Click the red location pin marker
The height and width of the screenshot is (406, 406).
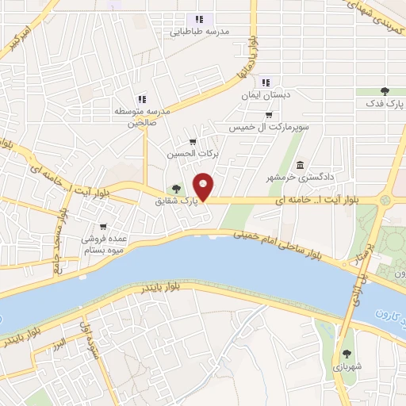pos(204,186)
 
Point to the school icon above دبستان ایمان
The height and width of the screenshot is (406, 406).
pos(266,82)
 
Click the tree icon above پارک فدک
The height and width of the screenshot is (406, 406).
pos(385,91)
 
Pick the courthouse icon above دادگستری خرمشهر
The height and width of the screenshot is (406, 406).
pos(300,165)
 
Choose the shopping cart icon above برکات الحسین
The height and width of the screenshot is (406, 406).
pos(191,142)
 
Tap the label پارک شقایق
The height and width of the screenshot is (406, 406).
pos(176,202)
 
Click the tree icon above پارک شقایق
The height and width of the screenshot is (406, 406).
pos(176,189)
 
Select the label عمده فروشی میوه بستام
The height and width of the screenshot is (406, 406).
pos(101,245)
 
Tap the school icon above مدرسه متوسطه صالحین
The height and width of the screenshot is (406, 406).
pos(141,99)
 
